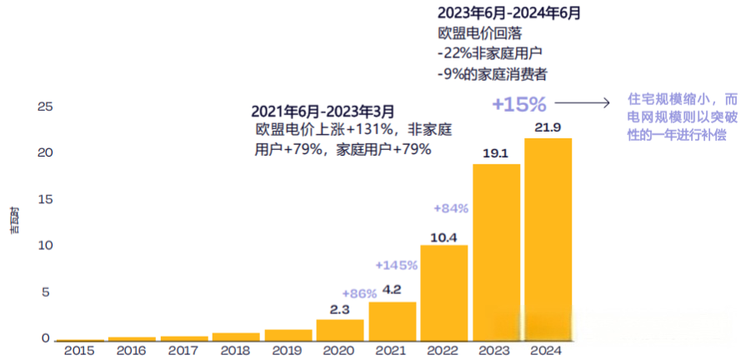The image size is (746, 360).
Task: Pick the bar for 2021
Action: pos(392,322)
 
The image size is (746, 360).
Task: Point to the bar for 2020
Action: pos(339,331)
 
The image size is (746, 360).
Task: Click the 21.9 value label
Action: pos(548,127)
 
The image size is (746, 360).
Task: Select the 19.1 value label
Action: pos(496,153)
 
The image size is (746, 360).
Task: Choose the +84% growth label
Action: pos(450,207)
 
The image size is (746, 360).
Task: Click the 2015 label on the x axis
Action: pos(79,351)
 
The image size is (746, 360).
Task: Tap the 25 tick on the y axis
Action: pos(45,107)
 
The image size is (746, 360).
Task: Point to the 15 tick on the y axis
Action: pos(45,200)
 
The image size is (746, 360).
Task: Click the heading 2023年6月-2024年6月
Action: pos(509,13)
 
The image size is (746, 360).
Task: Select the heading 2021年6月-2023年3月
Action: pos(323,111)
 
